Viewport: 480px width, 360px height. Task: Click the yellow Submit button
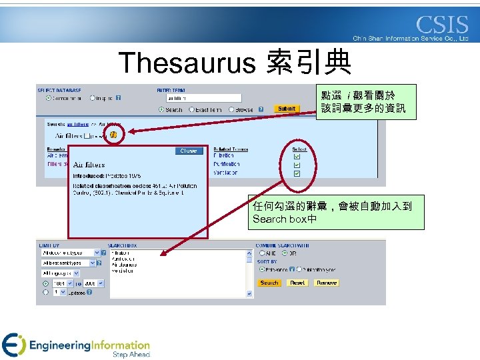287,109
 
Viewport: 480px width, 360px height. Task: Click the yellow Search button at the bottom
269,283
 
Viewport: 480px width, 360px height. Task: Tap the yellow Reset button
297,283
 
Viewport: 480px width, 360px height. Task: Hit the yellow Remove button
327,283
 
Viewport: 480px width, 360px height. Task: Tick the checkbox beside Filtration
297,157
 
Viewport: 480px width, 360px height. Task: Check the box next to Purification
297,165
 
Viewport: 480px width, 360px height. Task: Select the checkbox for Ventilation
297,173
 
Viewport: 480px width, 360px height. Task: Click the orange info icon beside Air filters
113,135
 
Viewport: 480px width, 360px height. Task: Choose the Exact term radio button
192,109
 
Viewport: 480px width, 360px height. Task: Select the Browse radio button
231,109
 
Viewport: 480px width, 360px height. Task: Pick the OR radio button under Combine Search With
285,253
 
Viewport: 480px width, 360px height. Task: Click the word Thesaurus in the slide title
187,63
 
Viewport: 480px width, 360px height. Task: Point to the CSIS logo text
442,25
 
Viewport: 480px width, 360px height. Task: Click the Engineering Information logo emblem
13,345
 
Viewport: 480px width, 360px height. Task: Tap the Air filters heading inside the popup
88,164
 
